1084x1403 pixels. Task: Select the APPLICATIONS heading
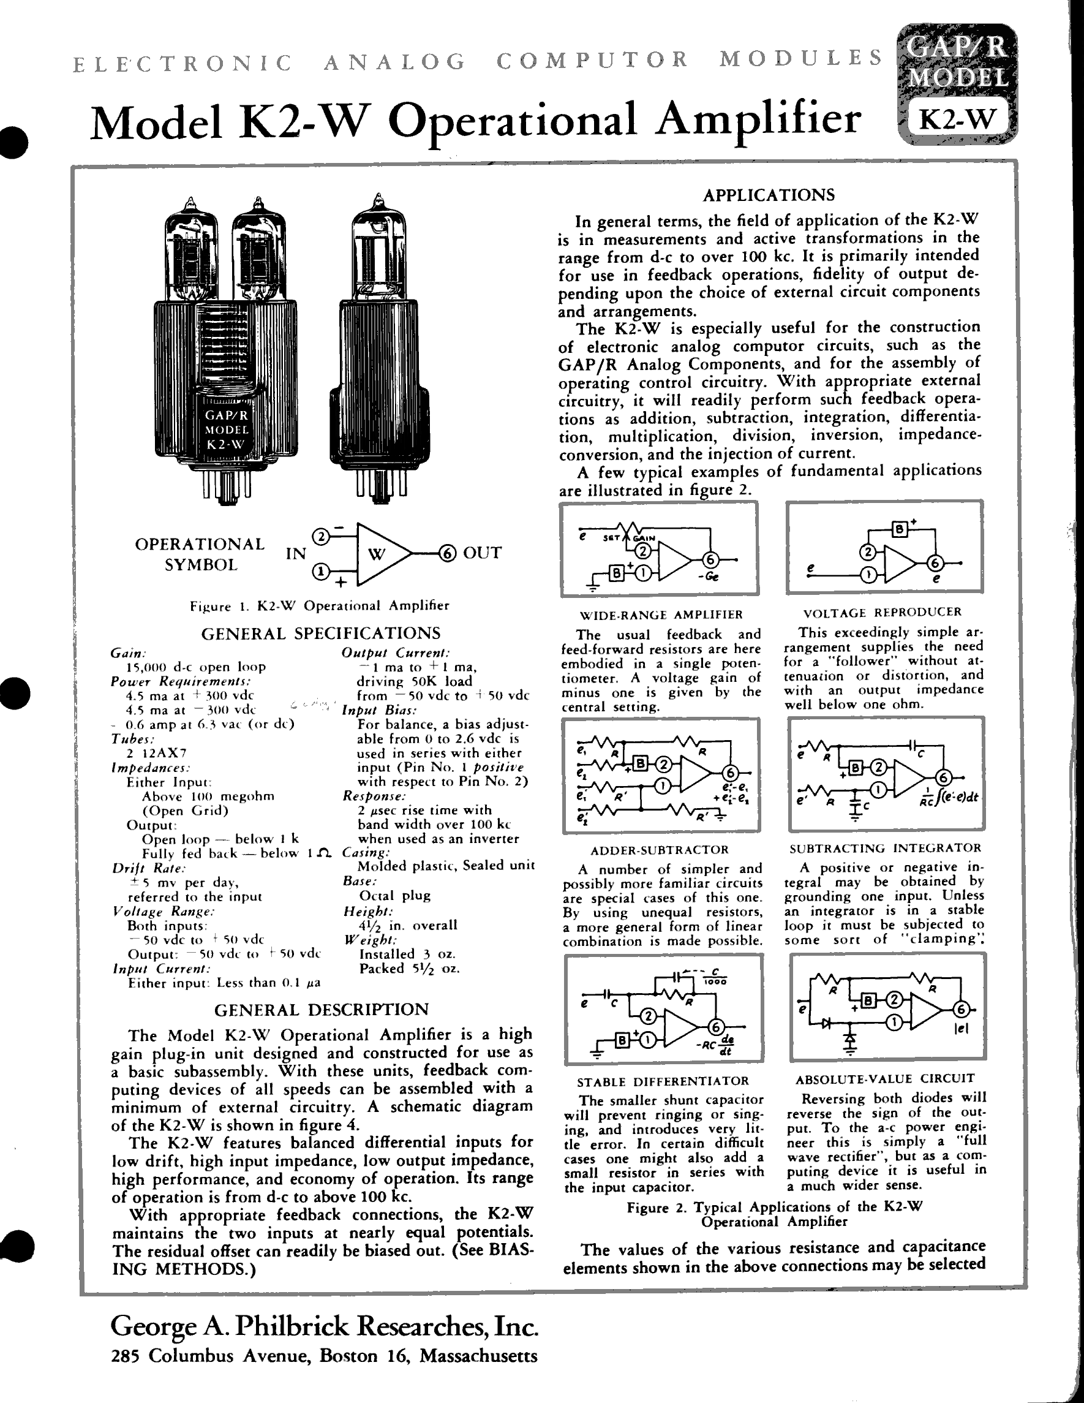click(769, 195)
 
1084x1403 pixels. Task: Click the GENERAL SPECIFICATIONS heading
click(321, 633)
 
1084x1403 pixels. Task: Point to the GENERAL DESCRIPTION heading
click(321, 1009)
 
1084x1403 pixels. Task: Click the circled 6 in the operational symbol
click(447, 553)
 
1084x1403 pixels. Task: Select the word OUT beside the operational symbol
click(481, 553)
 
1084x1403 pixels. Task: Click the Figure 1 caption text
click(319, 606)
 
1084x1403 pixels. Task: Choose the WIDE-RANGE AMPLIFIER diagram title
click(661, 615)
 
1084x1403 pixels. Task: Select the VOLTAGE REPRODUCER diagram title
click(883, 612)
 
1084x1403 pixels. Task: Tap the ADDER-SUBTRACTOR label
click(660, 850)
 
